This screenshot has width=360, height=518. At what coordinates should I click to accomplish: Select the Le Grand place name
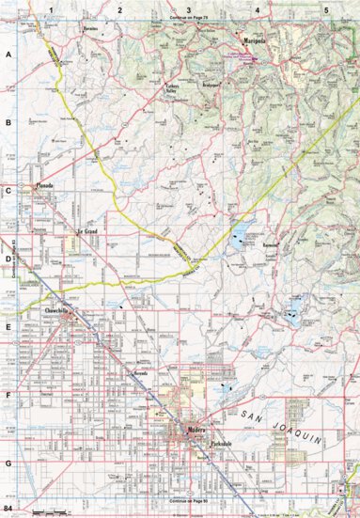tap(86, 230)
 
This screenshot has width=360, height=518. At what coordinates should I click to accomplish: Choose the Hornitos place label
tap(90, 29)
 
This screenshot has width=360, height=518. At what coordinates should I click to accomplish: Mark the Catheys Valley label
tap(172, 86)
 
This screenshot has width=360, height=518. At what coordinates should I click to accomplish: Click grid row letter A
tap(8, 55)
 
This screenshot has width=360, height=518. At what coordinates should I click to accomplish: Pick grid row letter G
tap(8, 463)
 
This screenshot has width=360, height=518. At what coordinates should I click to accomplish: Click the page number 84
tap(8, 510)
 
